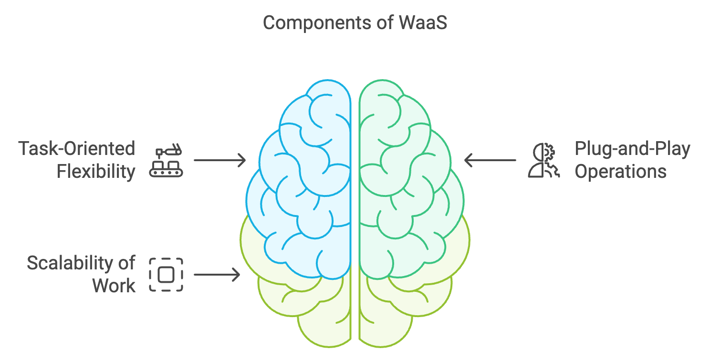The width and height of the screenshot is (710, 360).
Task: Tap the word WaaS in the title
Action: coord(423,23)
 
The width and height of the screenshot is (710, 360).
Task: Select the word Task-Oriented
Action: coord(77,148)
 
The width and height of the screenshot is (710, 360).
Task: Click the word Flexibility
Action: coord(96,172)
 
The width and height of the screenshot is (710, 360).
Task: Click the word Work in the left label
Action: coord(114,286)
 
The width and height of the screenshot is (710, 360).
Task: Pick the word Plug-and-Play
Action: coord(632,149)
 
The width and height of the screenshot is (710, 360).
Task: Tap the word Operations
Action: coord(621,172)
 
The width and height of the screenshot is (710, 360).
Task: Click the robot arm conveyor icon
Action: coord(166,160)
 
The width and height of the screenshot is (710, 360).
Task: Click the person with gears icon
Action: coord(543,160)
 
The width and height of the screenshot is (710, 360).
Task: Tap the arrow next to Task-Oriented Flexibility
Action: coord(220,160)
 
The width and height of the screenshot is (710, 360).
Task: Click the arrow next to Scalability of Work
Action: coord(217,275)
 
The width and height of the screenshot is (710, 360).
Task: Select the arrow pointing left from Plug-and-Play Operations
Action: coord(490,160)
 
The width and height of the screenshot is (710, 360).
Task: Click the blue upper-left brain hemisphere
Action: coord(304,177)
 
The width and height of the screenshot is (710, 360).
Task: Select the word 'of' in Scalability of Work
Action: coord(127,263)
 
